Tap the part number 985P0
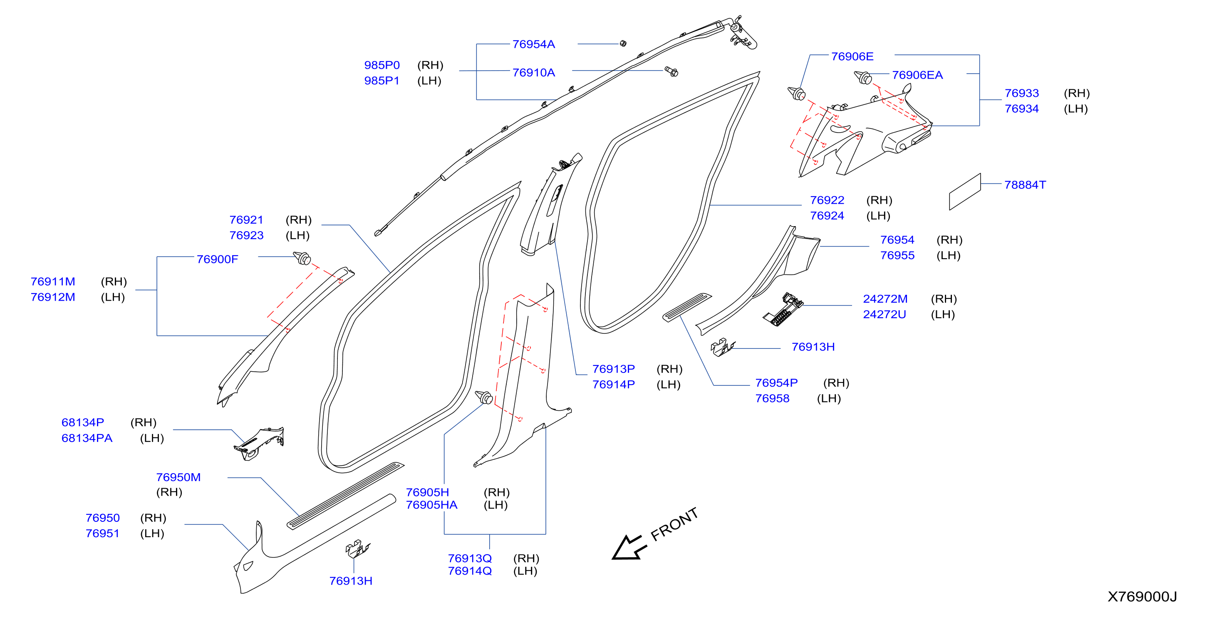(x=382, y=65)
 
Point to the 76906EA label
(x=917, y=75)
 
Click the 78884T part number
(x=1025, y=185)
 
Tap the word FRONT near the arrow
(x=674, y=524)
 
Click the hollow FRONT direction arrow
(x=628, y=548)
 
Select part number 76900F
(x=217, y=259)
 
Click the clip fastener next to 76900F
(x=302, y=258)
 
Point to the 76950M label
(x=178, y=477)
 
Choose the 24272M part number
(x=885, y=299)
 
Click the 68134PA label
(x=87, y=438)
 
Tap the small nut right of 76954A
(x=623, y=44)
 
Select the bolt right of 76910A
(x=671, y=72)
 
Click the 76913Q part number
(x=469, y=558)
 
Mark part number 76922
(x=827, y=200)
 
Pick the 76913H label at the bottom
(x=351, y=581)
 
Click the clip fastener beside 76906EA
(x=863, y=77)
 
